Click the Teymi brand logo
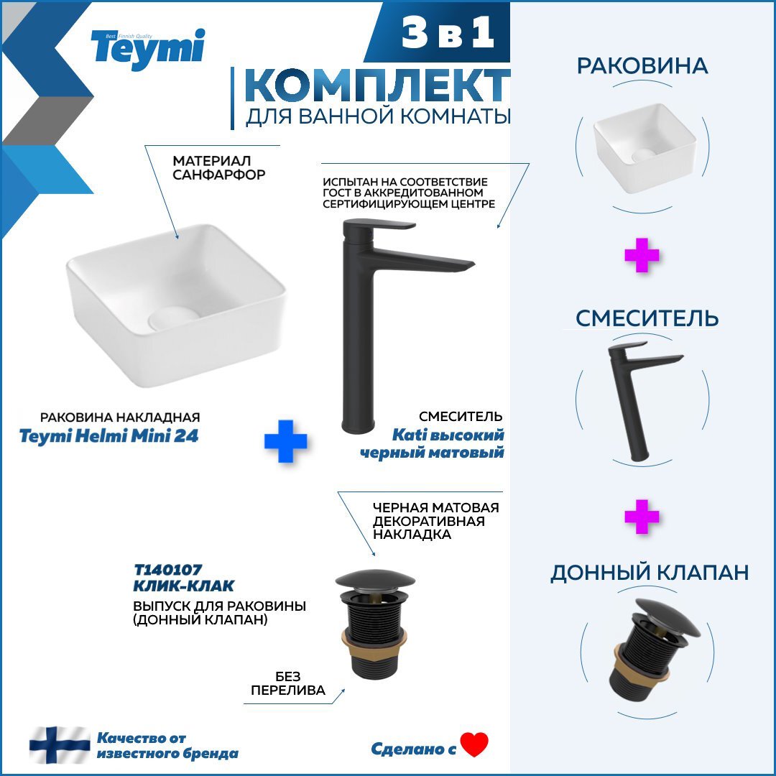(x=147, y=48)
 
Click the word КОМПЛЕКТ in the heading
(x=377, y=87)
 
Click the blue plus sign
(x=285, y=441)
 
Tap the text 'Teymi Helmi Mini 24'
(x=119, y=435)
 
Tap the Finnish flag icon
(x=60, y=745)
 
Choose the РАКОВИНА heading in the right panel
(x=642, y=66)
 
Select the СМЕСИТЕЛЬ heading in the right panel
(x=647, y=318)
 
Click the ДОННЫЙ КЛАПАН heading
(x=650, y=573)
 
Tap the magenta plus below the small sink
(x=642, y=257)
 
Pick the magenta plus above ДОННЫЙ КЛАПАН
(x=642, y=517)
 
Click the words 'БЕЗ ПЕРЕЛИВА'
(x=288, y=683)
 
